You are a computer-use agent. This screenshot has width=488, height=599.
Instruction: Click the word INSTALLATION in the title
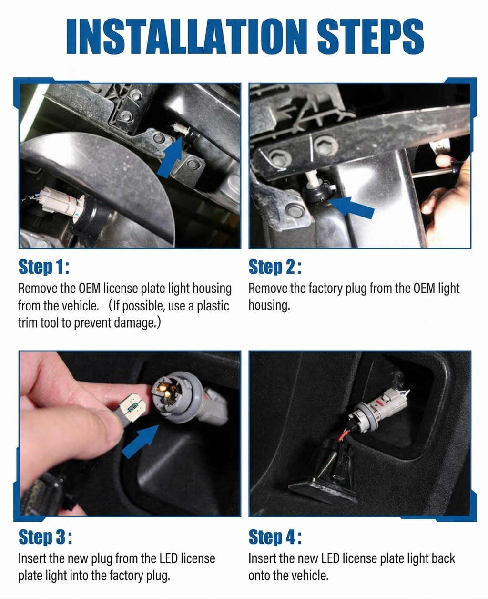click(x=187, y=36)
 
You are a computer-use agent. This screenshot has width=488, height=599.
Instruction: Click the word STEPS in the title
click(x=370, y=36)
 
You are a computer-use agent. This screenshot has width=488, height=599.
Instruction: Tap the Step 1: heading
click(x=44, y=267)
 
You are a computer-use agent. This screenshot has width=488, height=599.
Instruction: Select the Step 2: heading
click(x=275, y=267)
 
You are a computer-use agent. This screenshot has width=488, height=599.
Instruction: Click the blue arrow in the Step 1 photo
click(x=170, y=157)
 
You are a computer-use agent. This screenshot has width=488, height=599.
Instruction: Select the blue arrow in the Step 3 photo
click(x=141, y=441)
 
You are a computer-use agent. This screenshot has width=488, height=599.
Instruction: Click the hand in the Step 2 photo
click(x=445, y=199)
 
